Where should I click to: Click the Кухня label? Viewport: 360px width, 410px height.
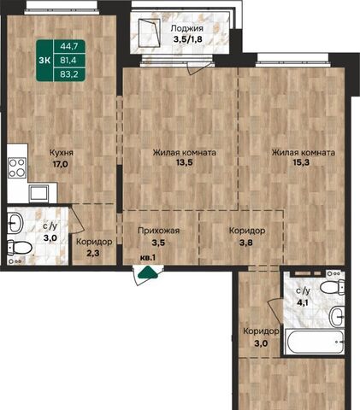[x=62, y=153]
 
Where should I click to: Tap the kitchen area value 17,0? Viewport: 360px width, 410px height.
[x=60, y=164]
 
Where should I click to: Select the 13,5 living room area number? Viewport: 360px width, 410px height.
[x=185, y=162]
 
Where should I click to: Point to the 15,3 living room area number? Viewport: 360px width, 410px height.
[x=301, y=162]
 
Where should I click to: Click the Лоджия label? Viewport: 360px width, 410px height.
[x=187, y=28]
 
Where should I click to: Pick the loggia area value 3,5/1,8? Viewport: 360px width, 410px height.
[x=188, y=39]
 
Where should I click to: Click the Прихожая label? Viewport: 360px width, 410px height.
[x=159, y=231]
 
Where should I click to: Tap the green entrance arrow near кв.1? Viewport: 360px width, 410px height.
[x=148, y=272]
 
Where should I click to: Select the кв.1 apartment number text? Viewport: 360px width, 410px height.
[x=148, y=258]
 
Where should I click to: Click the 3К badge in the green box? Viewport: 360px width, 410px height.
[x=44, y=61]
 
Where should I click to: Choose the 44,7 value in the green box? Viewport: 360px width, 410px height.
[x=69, y=46]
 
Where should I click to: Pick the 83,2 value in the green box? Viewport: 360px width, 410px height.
[x=69, y=74]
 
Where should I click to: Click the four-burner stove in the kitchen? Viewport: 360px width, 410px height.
[x=17, y=168]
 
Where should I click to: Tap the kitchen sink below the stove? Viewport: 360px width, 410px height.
[x=38, y=193]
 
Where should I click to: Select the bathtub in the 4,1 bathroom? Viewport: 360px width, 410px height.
[x=315, y=342]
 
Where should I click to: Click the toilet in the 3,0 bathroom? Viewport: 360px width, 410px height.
[x=19, y=248]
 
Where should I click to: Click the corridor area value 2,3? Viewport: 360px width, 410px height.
[x=93, y=253]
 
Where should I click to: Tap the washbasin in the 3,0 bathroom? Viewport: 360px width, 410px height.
[x=15, y=223]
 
